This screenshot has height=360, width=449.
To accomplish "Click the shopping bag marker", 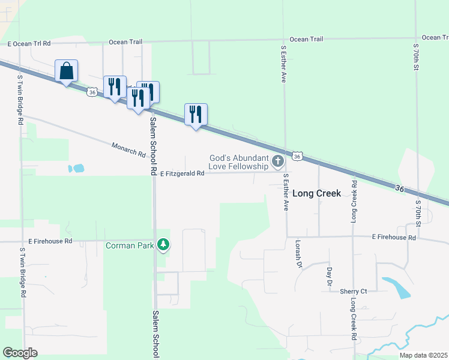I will (66, 71).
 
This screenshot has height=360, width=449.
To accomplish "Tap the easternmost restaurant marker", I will (196, 114).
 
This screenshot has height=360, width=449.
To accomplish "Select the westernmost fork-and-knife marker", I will (114, 86).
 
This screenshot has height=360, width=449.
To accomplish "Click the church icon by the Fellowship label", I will (277, 161).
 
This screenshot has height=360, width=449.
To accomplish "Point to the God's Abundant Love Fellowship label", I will (238, 161).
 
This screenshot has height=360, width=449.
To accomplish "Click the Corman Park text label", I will (129, 245).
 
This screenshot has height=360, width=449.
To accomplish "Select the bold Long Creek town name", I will (317, 193).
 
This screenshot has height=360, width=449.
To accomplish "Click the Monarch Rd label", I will (128, 149).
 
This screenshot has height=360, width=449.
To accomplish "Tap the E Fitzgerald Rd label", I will (182, 173).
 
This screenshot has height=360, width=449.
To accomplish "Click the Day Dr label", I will (330, 276).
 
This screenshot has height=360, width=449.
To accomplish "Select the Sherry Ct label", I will (353, 291).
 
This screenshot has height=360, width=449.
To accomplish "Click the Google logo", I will (20, 353).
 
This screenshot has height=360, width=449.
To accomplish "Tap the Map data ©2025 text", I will (423, 355).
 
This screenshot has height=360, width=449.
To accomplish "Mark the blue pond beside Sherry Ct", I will (396, 287).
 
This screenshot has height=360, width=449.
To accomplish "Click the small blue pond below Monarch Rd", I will (76, 169).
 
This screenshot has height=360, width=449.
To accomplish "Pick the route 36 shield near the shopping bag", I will (91, 92).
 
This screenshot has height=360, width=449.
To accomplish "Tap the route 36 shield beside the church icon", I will (297, 156).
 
